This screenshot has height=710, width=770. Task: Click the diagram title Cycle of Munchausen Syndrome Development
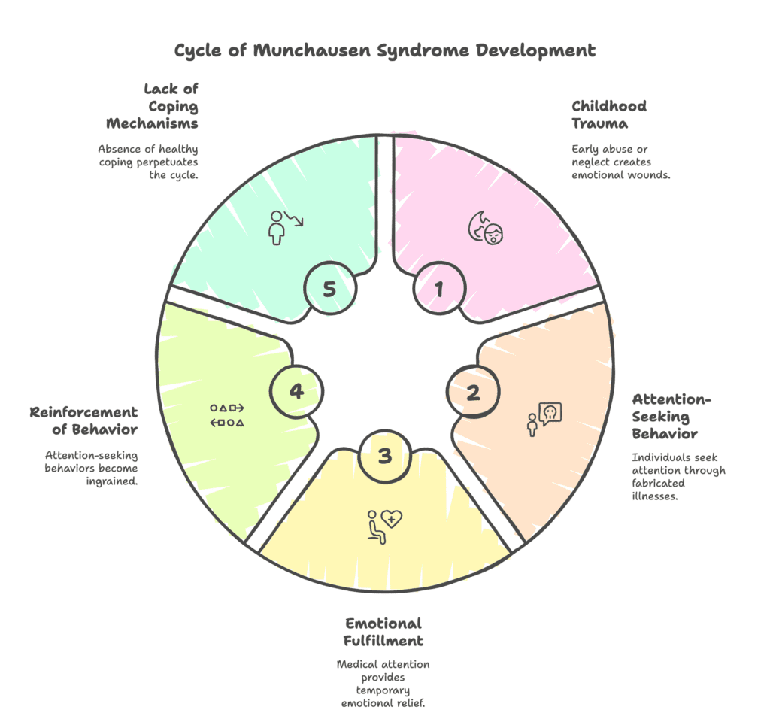[x=385, y=51]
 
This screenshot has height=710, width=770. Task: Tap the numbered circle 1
[x=439, y=288]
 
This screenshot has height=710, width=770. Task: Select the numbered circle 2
[x=473, y=393]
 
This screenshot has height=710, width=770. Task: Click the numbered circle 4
[x=297, y=392]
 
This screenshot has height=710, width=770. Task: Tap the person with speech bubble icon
[x=544, y=419]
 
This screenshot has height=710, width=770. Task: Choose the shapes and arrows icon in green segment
[x=226, y=415]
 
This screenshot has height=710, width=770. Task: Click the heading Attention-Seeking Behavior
[x=665, y=416]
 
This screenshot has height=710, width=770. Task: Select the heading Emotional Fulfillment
[x=384, y=632]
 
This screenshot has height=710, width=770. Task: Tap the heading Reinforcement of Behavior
[x=83, y=420]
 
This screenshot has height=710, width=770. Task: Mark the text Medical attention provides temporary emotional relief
[x=384, y=682]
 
